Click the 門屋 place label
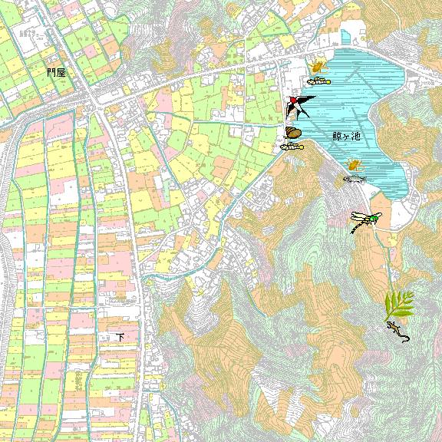click(55, 72)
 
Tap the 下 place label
click(120, 337)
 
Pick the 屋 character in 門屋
click(61, 72)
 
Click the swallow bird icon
click(298, 105)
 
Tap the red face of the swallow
click(292, 100)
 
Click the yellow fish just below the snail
click(292, 145)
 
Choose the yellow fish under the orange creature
click(318, 80)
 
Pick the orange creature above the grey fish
click(354, 163)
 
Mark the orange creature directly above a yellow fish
click(318, 66)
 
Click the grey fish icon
click(354, 179)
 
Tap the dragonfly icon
click(364, 220)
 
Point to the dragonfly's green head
click(373, 219)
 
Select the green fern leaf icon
click(398, 305)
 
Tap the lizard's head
click(390, 325)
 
